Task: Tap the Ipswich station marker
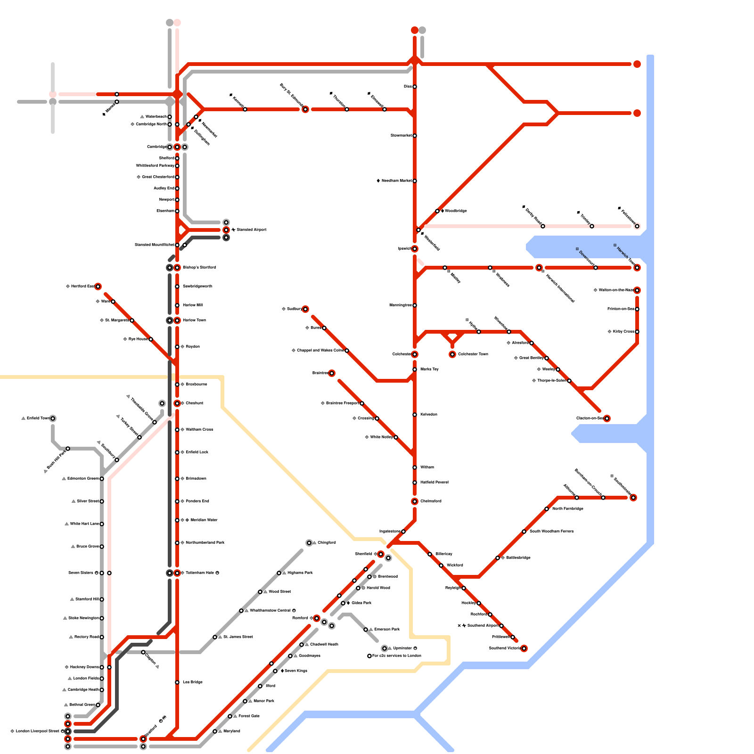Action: click(415, 249)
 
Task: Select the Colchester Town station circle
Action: click(452, 354)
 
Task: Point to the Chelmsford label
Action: click(431, 501)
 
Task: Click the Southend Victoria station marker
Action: click(524, 648)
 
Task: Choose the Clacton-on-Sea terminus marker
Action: click(607, 418)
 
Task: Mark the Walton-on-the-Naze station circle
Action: click(637, 290)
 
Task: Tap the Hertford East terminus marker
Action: click(98, 287)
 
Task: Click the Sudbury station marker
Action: click(305, 309)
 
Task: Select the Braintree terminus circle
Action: click(332, 373)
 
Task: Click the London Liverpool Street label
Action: click(37, 731)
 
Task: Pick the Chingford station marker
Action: click(309, 543)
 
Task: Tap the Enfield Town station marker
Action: click(53, 418)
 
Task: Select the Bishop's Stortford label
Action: click(199, 268)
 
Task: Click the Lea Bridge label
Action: click(193, 682)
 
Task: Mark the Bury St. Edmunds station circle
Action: click(305, 109)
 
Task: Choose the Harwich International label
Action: click(560, 288)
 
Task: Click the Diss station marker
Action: click(415, 87)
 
